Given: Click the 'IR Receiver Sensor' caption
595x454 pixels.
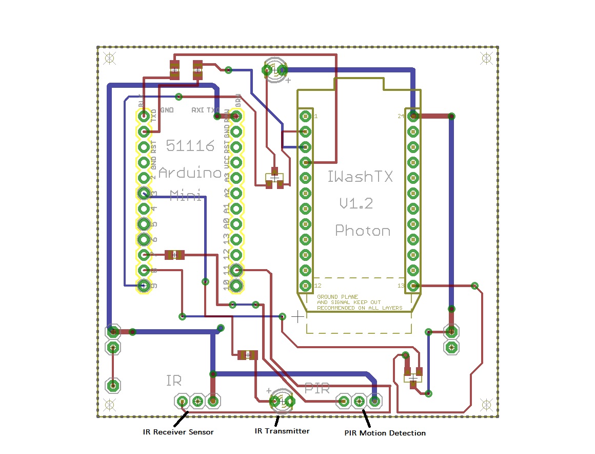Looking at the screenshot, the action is (x=178, y=432).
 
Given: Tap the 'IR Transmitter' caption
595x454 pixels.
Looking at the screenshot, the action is (x=282, y=431).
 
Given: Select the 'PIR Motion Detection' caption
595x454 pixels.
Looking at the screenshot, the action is (x=385, y=433).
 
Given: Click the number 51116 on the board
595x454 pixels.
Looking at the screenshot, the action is (x=190, y=146).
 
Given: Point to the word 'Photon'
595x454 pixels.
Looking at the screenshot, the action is (x=363, y=231).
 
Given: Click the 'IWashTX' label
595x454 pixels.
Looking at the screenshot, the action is (x=360, y=177).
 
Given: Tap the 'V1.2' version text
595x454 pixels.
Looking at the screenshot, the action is (x=356, y=204).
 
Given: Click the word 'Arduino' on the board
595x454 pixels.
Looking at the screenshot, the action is (x=189, y=173).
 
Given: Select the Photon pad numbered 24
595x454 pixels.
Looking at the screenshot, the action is (x=413, y=116).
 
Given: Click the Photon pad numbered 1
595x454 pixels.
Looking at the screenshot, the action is (x=305, y=116).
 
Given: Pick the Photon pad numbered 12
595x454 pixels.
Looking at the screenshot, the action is (x=305, y=286).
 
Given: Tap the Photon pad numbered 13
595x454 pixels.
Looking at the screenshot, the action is (x=413, y=286).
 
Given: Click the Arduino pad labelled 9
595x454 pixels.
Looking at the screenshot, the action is (x=144, y=286).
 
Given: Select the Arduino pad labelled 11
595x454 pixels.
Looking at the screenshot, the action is (x=236, y=270).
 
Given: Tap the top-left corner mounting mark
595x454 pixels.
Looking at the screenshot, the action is (x=109, y=58).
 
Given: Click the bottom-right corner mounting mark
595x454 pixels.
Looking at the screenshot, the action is (x=486, y=404).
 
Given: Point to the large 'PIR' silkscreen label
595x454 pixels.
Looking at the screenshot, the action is (x=317, y=389).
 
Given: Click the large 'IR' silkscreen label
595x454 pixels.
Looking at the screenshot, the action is (x=174, y=381).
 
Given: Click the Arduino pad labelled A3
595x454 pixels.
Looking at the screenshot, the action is (x=236, y=178).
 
